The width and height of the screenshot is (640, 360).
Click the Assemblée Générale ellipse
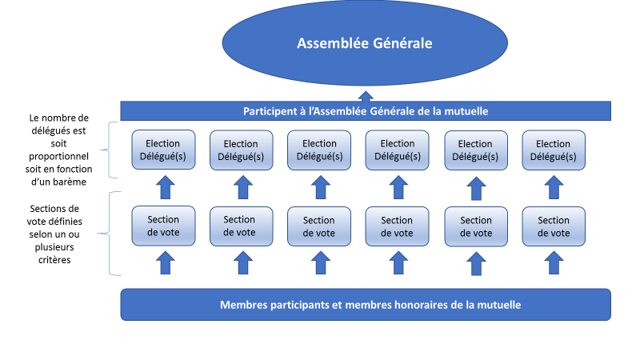(365, 43)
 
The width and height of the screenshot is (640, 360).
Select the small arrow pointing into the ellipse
(365, 94)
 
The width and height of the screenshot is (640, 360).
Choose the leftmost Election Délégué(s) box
(163, 150)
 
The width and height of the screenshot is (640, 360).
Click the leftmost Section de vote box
(163, 226)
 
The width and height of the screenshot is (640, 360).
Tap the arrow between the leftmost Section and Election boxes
(164, 188)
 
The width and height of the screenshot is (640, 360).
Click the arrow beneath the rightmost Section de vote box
(554, 262)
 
